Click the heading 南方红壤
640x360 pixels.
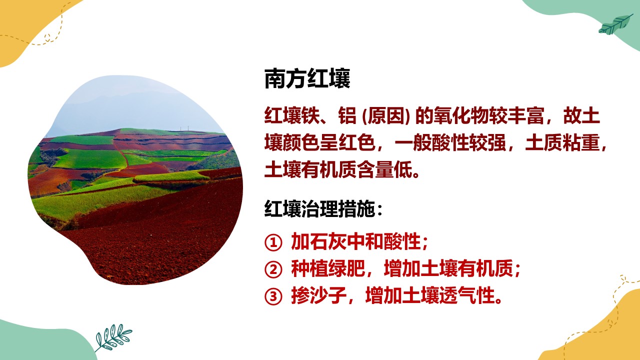[x=307, y=78]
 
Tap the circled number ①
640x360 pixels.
[x=273, y=243]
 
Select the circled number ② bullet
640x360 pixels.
[x=273, y=269]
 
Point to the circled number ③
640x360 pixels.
[x=273, y=296]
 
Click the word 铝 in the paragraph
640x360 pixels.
[x=347, y=115]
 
